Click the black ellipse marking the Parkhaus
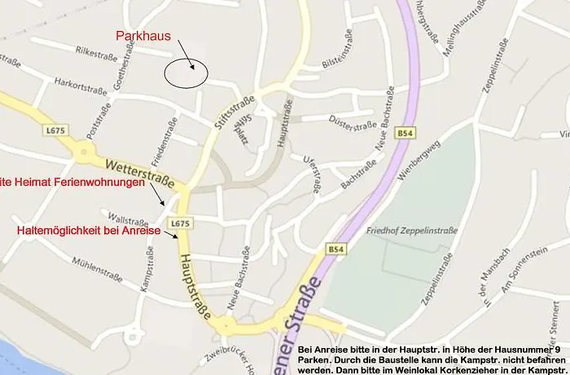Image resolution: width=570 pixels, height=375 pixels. pyautogui.click(x=186, y=73)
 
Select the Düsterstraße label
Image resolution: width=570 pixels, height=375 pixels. pyautogui.click(x=353, y=125)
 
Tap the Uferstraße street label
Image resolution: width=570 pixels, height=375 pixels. pyautogui.click(x=308, y=174)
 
